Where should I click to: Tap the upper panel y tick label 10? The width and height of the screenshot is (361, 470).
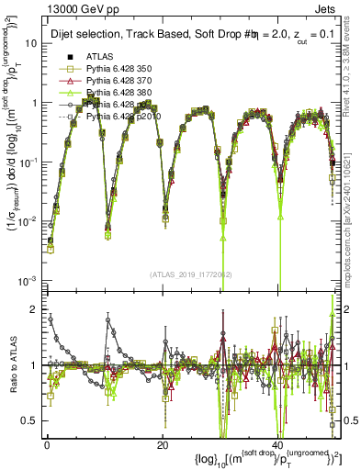click(29, 43)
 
